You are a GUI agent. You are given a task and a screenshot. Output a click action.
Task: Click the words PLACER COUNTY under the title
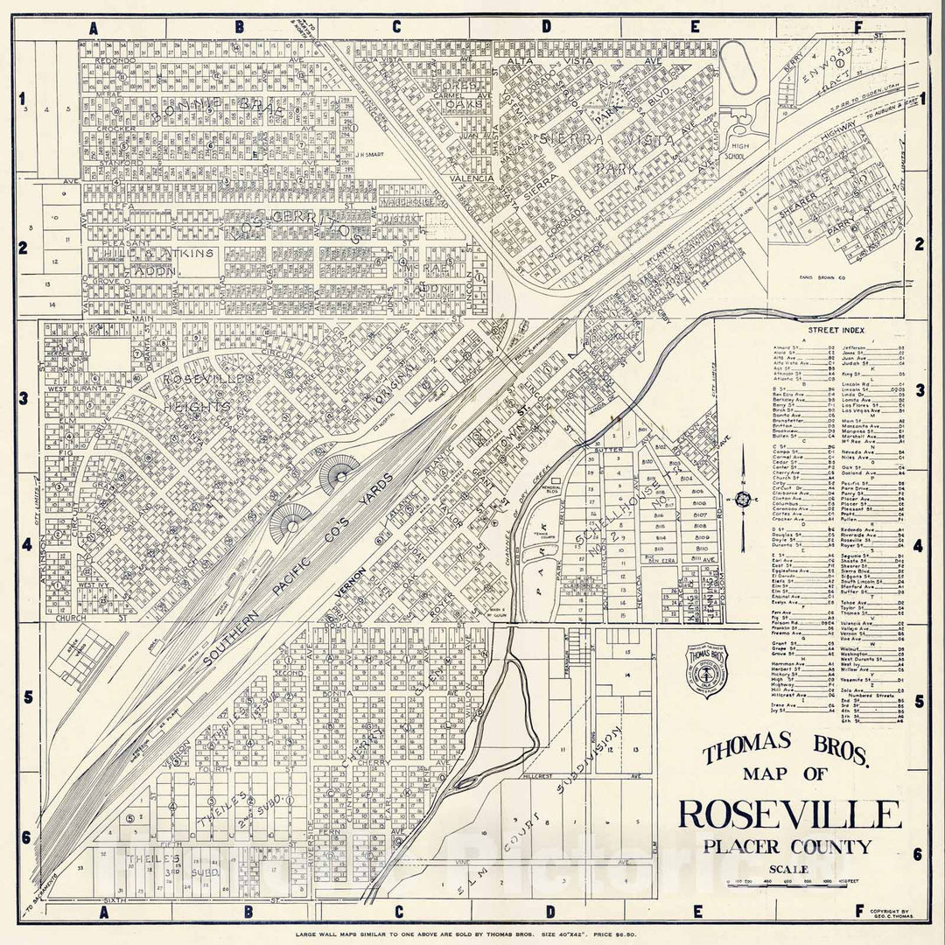pyautogui.click(x=789, y=846)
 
